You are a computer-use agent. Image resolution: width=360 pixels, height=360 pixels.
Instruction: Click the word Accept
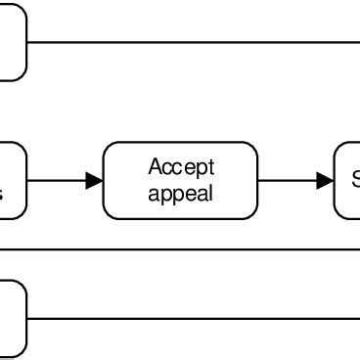pyautogui.click(x=181, y=167)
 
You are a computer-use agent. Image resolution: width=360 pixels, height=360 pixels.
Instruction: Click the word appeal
pyautogui.click(x=180, y=193)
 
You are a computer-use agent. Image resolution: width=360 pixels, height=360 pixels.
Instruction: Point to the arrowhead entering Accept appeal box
pyautogui.click(x=95, y=180)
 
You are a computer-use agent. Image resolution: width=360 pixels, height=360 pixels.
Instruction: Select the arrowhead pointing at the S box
pyautogui.click(x=326, y=180)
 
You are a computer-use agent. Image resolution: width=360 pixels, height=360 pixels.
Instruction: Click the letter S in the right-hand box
pyautogui.click(x=355, y=180)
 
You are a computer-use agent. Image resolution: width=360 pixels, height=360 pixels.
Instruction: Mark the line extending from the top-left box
pyautogui.click(x=196, y=42)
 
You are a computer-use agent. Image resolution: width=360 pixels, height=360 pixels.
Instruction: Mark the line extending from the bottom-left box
pyautogui.click(x=196, y=318)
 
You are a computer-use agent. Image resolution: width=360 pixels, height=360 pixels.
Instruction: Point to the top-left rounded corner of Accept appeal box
pyautogui.click(x=108, y=147)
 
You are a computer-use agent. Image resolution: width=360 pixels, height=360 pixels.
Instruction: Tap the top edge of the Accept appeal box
pyautogui.click(x=180, y=142)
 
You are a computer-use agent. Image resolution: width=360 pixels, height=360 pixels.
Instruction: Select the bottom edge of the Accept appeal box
pyautogui.click(x=180, y=219)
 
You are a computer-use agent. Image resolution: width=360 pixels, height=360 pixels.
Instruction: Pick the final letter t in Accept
pyautogui.click(x=210, y=167)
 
